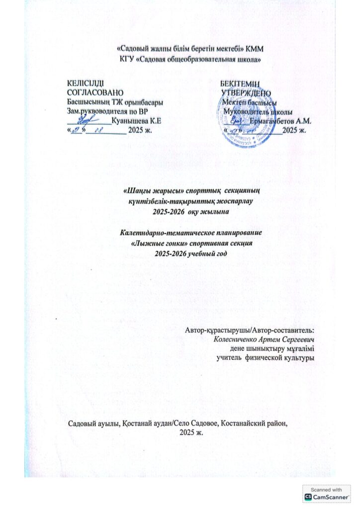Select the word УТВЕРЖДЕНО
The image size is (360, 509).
[246, 92]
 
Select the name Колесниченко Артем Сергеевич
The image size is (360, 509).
[265, 338]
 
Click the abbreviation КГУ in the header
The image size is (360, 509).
[128, 60]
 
